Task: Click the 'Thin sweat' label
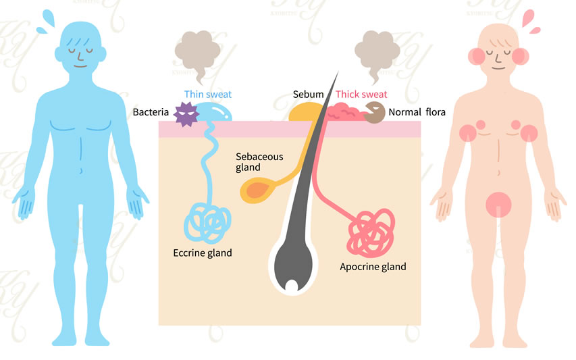[x=207, y=95]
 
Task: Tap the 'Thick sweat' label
[x=361, y=95]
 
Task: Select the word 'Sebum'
[x=308, y=95]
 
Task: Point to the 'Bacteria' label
[x=151, y=111]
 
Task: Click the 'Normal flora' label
[x=417, y=111]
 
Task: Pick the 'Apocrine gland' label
[x=373, y=267]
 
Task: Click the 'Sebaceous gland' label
[x=259, y=162]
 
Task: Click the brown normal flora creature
[x=373, y=113]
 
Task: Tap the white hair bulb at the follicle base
[x=291, y=286]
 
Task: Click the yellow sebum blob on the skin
[x=304, y=112]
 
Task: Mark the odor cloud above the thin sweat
[x=197, y=51]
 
